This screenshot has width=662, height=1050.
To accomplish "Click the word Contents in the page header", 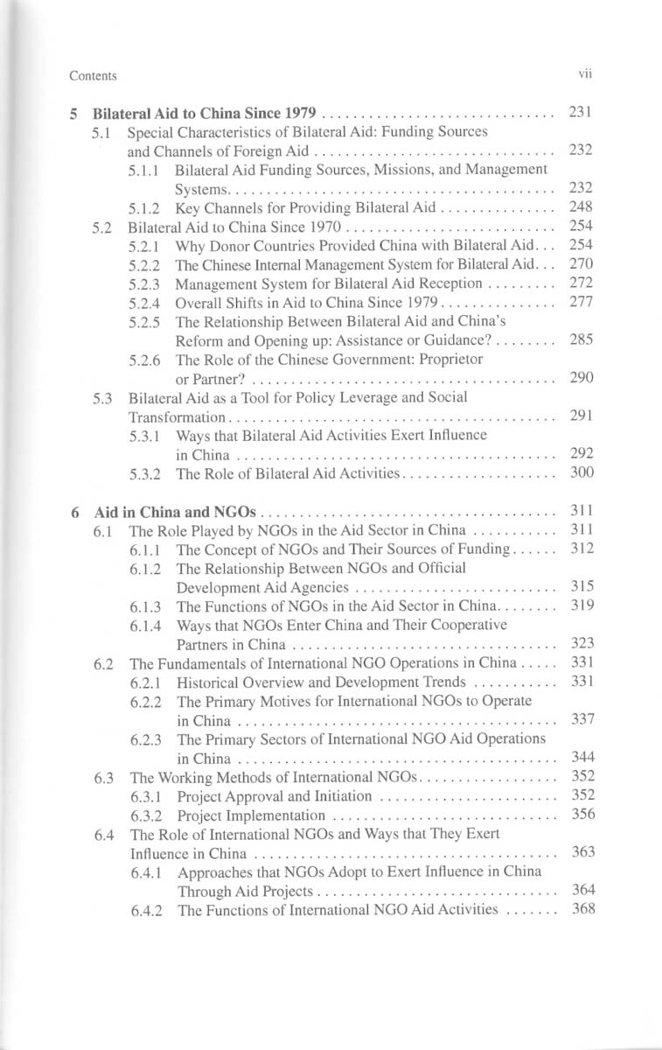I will (x=93, y=76).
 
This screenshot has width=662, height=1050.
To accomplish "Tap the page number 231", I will (x=582, y=113).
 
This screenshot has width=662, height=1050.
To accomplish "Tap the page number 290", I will (x=582, y=377).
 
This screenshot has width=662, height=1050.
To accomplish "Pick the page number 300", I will (x=582, y=473).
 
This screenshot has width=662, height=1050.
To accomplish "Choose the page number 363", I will (x=582, y=851).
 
